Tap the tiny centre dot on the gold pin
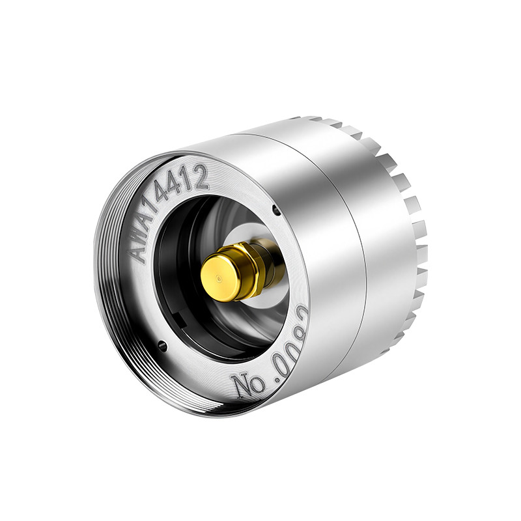218,279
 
